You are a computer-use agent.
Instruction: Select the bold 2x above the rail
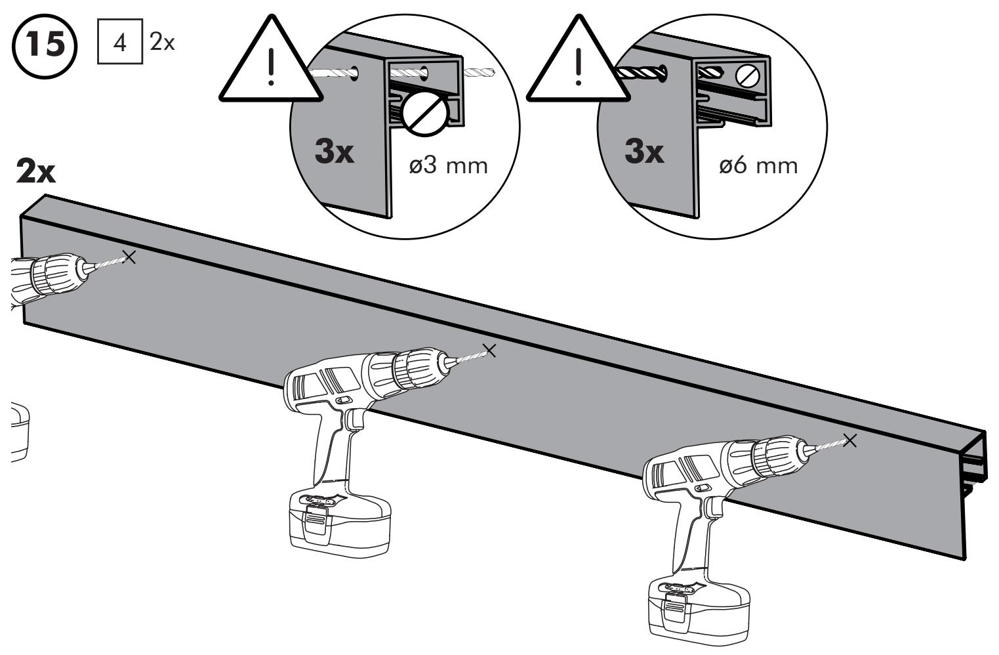click(x=35, y=172)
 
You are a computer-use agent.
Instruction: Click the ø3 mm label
click(x=449, y=166)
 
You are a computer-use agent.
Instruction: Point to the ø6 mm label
click(x=759, y=166)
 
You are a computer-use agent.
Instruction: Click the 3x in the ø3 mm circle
click(x=335, y=152)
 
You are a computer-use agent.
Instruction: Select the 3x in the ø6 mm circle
click(x=644, y=152)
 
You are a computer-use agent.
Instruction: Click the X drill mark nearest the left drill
click(x=129, y=257)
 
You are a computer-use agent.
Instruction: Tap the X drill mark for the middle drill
click(x=489, y=350)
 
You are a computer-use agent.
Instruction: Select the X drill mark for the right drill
click(x=850, y=441)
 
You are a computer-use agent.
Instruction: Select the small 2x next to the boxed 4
click(x=162, y=43)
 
